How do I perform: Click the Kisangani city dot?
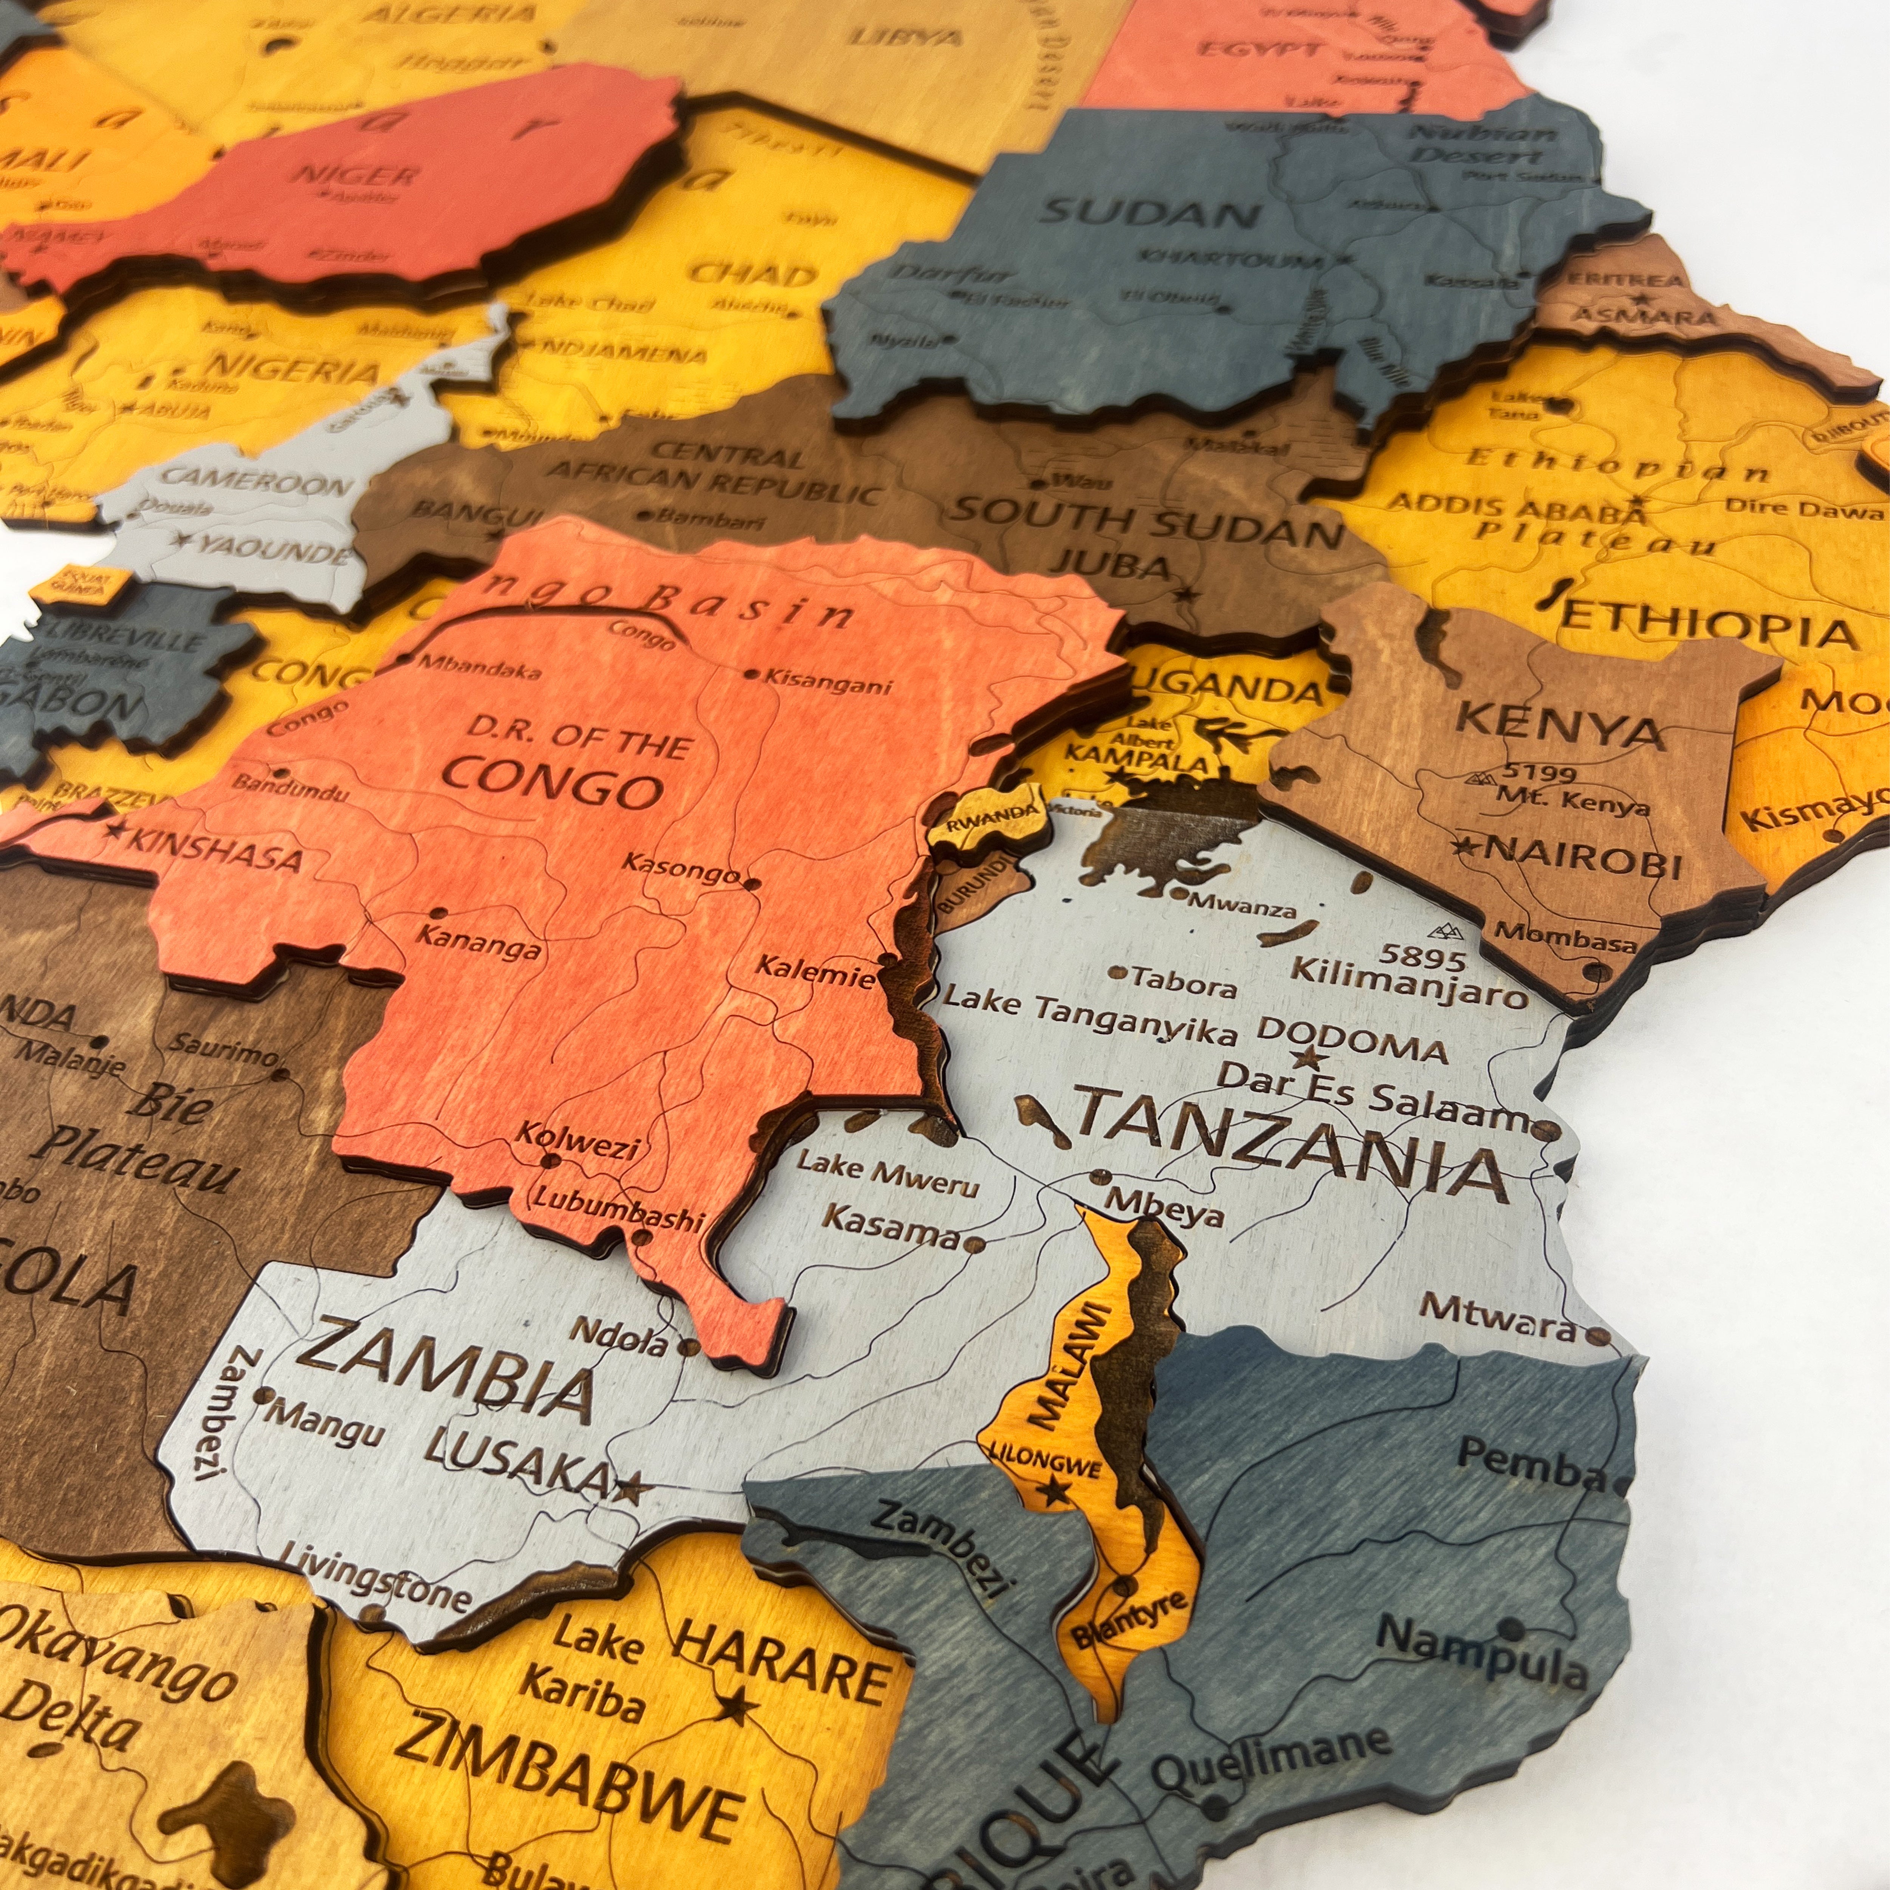pos(751,674)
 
